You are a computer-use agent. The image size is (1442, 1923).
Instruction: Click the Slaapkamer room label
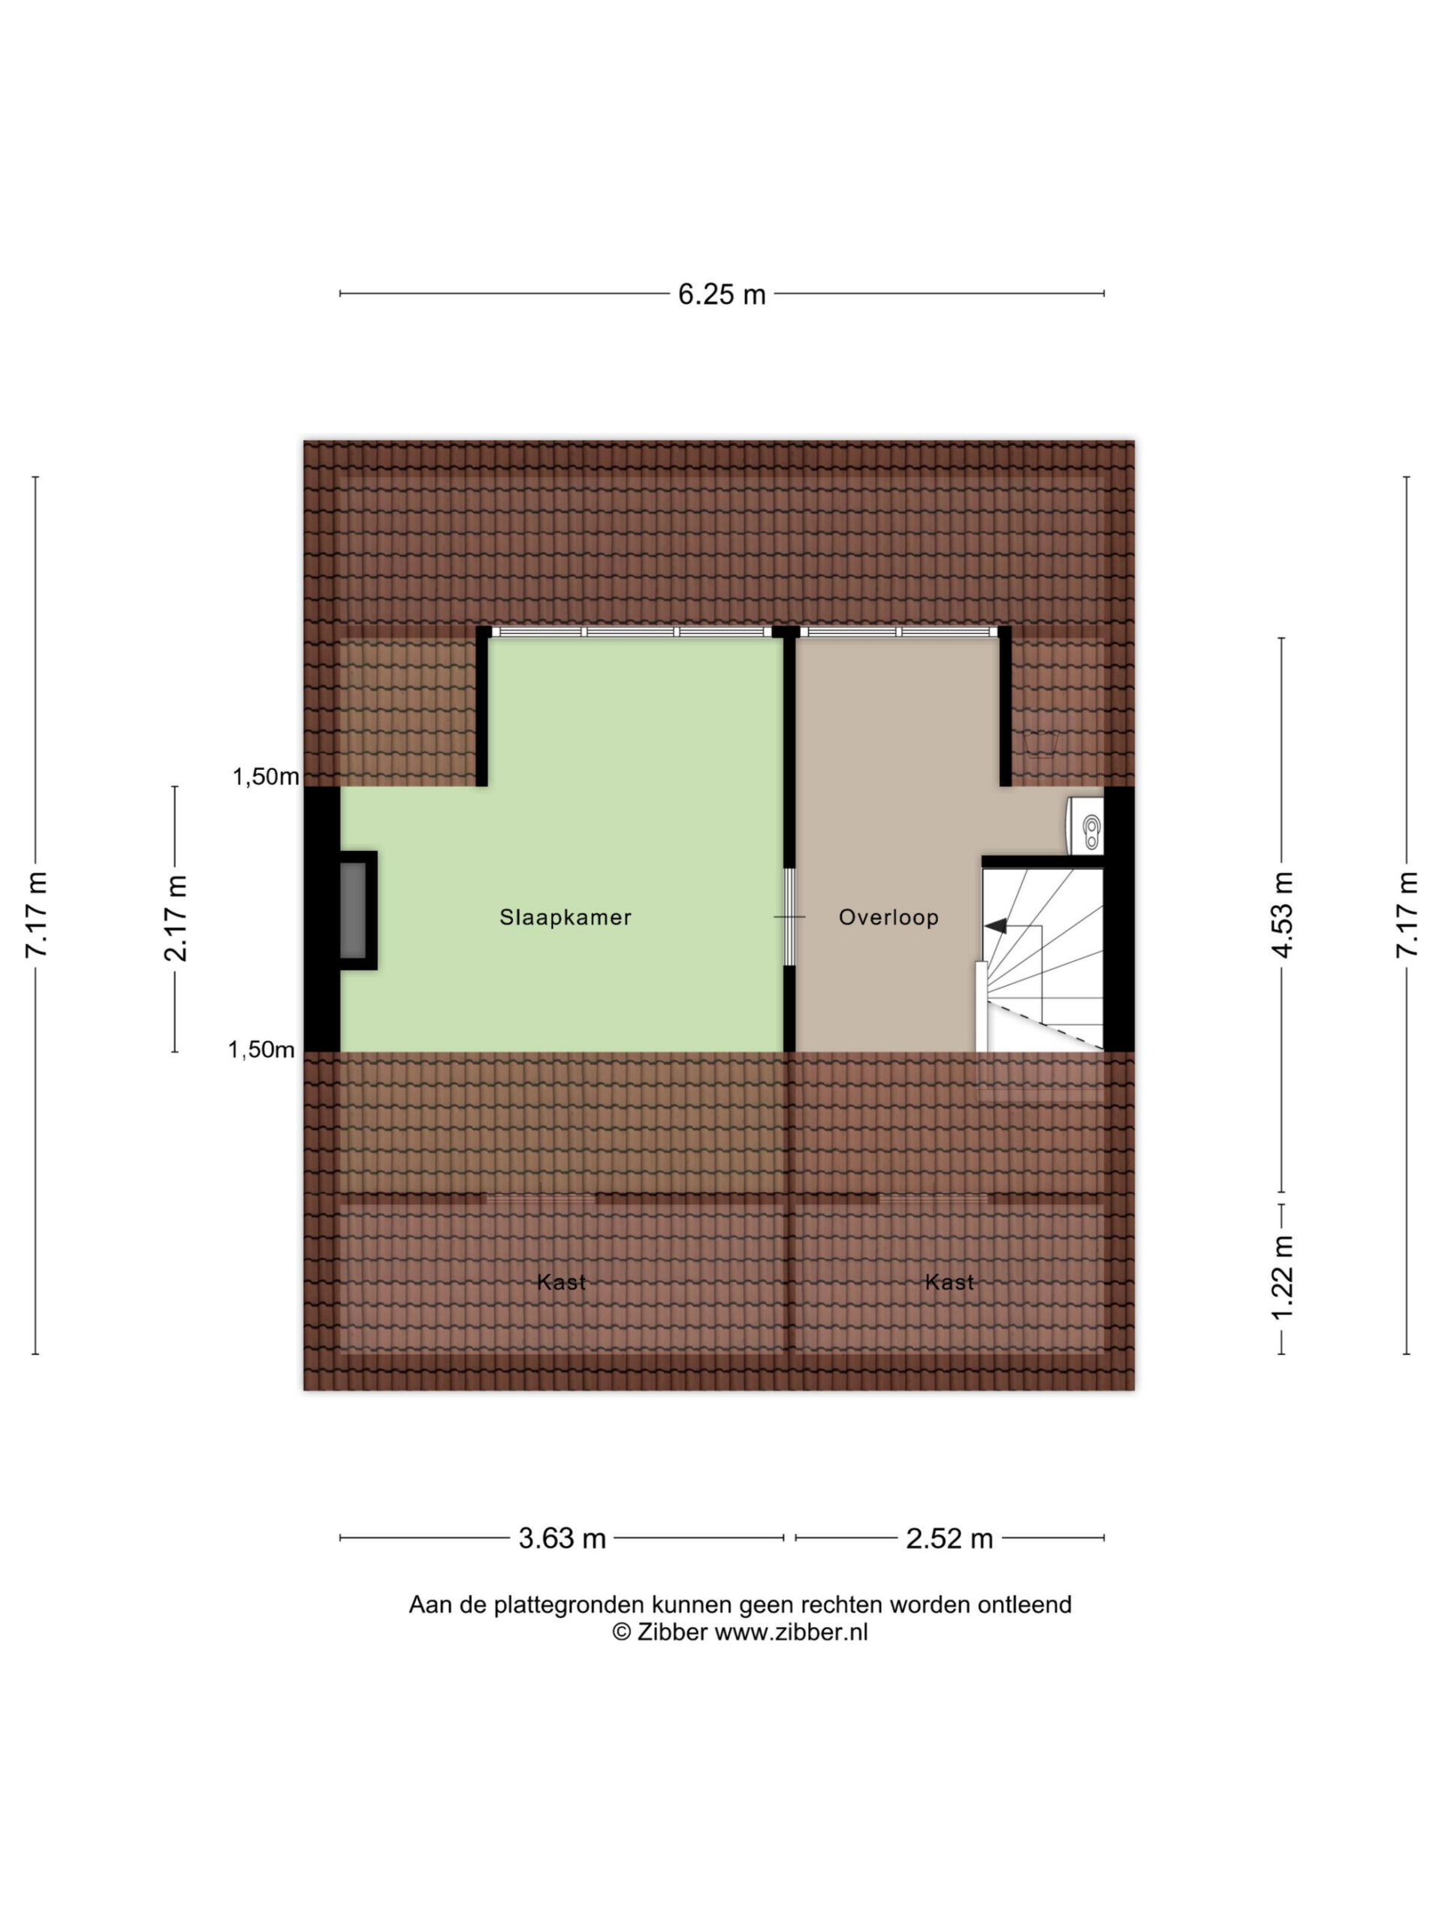pos(565,916)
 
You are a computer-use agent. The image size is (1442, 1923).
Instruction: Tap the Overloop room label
pos(888,916)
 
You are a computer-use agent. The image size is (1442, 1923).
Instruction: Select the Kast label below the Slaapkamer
pos(562,1281)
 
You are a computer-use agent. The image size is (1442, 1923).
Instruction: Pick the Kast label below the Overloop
pos(949,1281)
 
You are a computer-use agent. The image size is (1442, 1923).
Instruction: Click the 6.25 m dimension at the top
pos(722,294)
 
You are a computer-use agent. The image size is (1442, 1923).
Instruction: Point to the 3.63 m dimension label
pos(562,1538)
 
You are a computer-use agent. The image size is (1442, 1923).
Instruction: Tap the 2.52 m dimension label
pos(949,1538)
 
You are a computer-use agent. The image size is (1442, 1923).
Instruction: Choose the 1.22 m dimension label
pos(1283,1276)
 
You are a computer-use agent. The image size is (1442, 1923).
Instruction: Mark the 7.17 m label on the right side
pos(1407,915)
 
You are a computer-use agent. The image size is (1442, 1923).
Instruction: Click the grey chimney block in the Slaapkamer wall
pos(353,910)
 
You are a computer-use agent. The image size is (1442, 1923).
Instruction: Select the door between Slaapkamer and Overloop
pos(789,916)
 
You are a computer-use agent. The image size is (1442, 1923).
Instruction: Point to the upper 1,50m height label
pos(265,776)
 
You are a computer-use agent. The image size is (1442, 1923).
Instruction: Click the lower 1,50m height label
pos(261,1049)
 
